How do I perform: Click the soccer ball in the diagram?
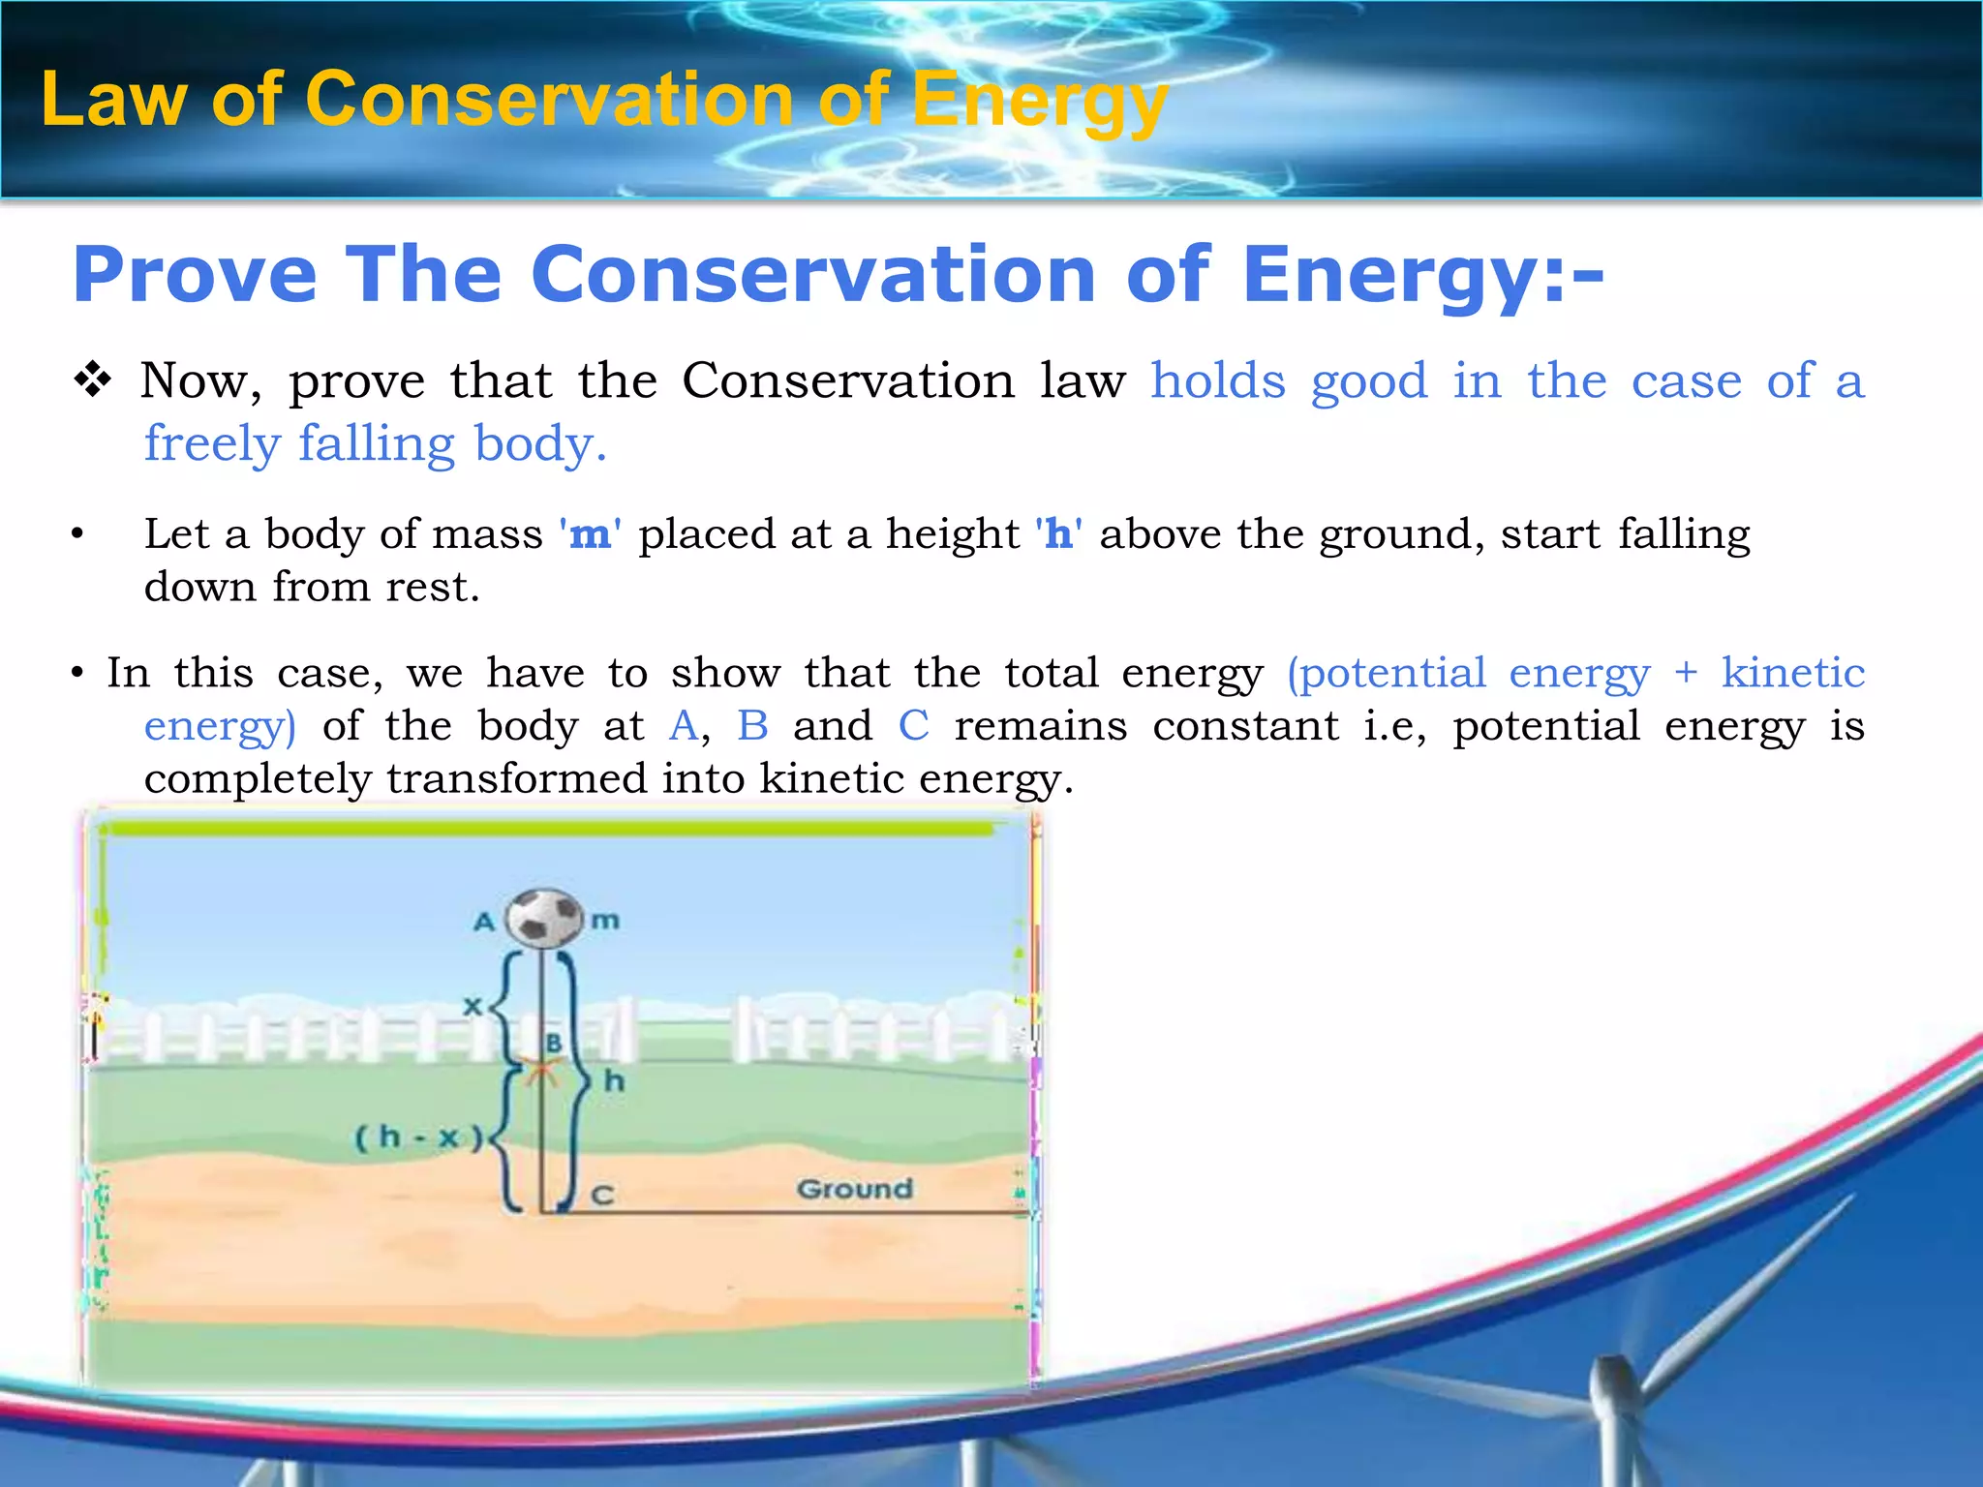click(544, 918)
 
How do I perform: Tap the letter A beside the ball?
click(484, 922)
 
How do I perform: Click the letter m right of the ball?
click(605, 920)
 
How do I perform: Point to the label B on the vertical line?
click(554, 1044)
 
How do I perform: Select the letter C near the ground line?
click(602, 1197)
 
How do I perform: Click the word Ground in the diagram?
click(854, 1189)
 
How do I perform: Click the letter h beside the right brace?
click(614, 1081)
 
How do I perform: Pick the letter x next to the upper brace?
click(472, 1007)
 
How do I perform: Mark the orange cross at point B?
click(542, 1072)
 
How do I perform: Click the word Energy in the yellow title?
click(1040, 100)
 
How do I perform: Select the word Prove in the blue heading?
click(195, 275)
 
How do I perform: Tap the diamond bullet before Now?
click(93, 379)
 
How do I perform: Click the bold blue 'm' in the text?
click(590, 534)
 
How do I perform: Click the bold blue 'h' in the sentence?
click(1058, 534)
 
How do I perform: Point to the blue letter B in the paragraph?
click(752, 725)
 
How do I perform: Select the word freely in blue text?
click(212, 444)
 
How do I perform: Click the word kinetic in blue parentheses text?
click(1792, 672)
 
